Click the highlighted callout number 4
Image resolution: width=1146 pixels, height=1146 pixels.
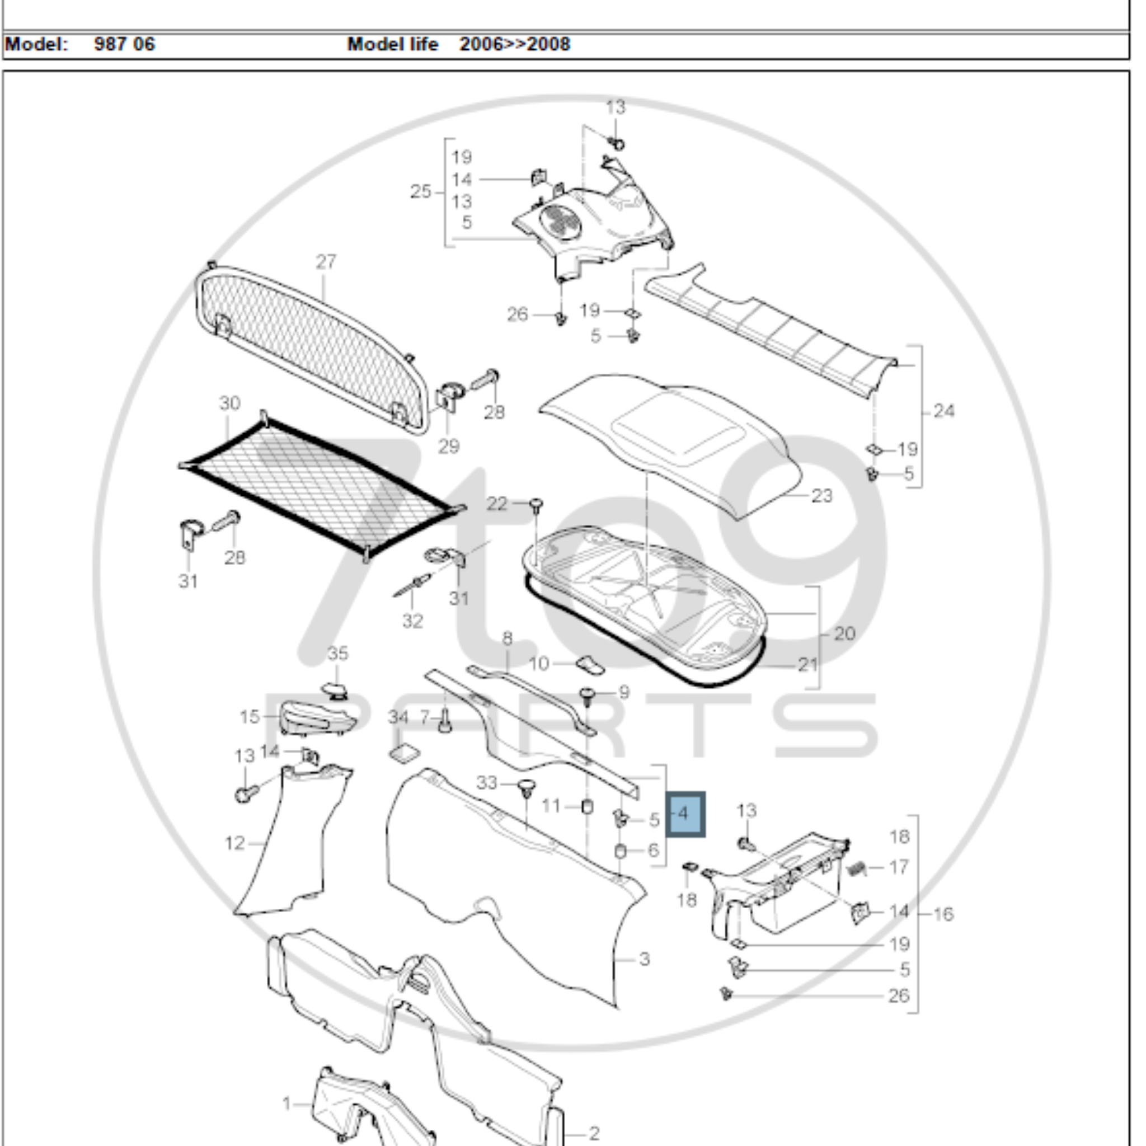point(685,814)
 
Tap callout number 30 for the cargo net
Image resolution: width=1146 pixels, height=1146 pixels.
point(229,403)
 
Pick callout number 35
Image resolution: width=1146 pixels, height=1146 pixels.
point(337,654)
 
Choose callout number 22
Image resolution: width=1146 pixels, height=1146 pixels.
point(497,504)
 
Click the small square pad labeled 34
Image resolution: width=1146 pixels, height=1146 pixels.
point(404,754)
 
